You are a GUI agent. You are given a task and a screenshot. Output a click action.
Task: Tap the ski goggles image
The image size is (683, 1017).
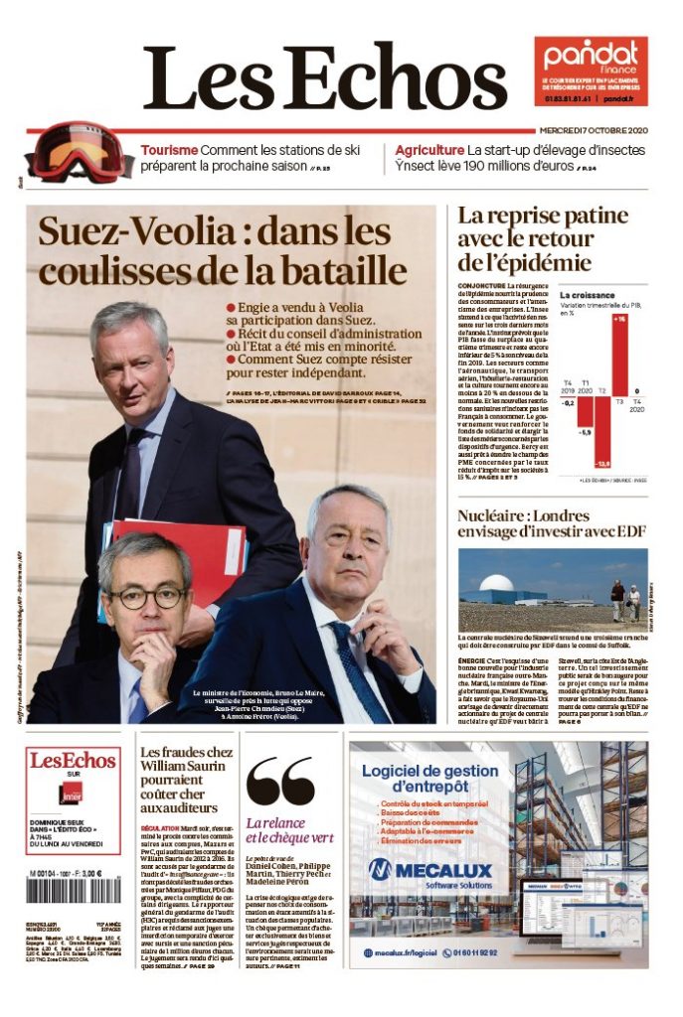click(x=64, y=150)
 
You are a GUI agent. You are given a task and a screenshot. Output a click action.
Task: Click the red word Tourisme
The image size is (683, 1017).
click(x=168, y=150)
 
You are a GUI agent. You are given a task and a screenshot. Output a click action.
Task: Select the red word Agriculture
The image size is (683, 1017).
click(x=428, y=150)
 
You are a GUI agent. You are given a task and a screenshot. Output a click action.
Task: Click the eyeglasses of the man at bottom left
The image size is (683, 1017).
click(x=147, y=597)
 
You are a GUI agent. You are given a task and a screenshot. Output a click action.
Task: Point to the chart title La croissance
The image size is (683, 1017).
click(x=587, y=295)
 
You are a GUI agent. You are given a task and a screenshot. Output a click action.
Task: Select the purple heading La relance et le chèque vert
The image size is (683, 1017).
click(x=289, y=829)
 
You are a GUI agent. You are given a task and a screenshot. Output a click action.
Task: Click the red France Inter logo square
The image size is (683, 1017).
click(x=72, y=796)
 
